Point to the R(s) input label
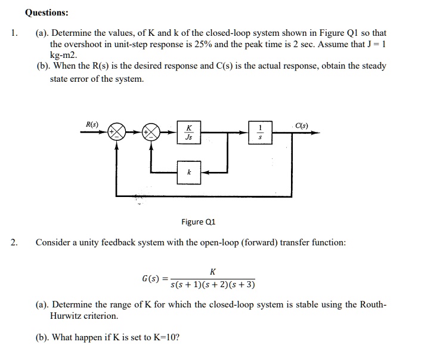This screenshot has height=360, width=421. pyautogui.click(x=92, y=124)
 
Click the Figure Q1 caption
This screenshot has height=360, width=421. pyautogui.click(x=198, y=222)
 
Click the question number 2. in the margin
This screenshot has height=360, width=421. pyautogui.click(x=14, y=242)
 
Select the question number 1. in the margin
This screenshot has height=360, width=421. pyautogui.click(x=14, y=33)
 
